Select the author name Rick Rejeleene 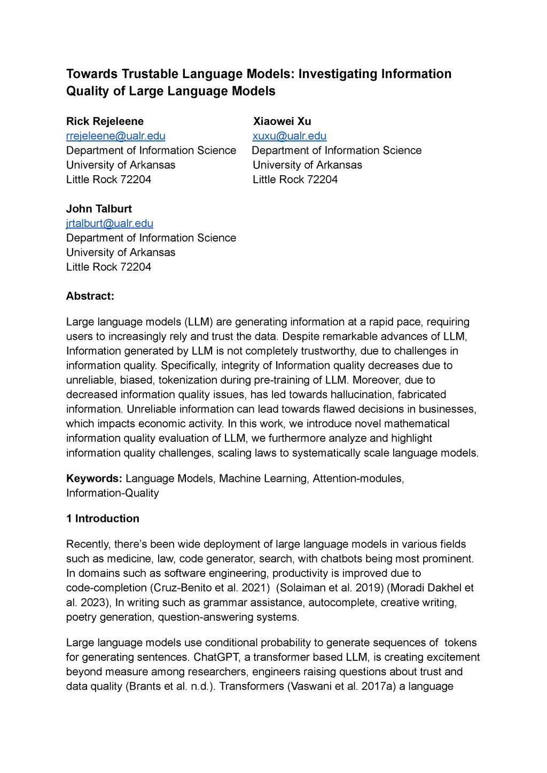[105, 121]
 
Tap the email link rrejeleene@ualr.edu [115, 136]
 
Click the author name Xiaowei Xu [282, 121]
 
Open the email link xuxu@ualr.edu [290, 136]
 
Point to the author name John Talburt [99, 209]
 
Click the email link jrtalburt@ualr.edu [110, 223]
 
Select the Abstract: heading [90, 296]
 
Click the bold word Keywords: [94, 478]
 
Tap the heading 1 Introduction [103, 518]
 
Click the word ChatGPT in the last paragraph [216, 657]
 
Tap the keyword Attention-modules [358, 478]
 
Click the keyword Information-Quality [112, 493]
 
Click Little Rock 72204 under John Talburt [108, 267]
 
